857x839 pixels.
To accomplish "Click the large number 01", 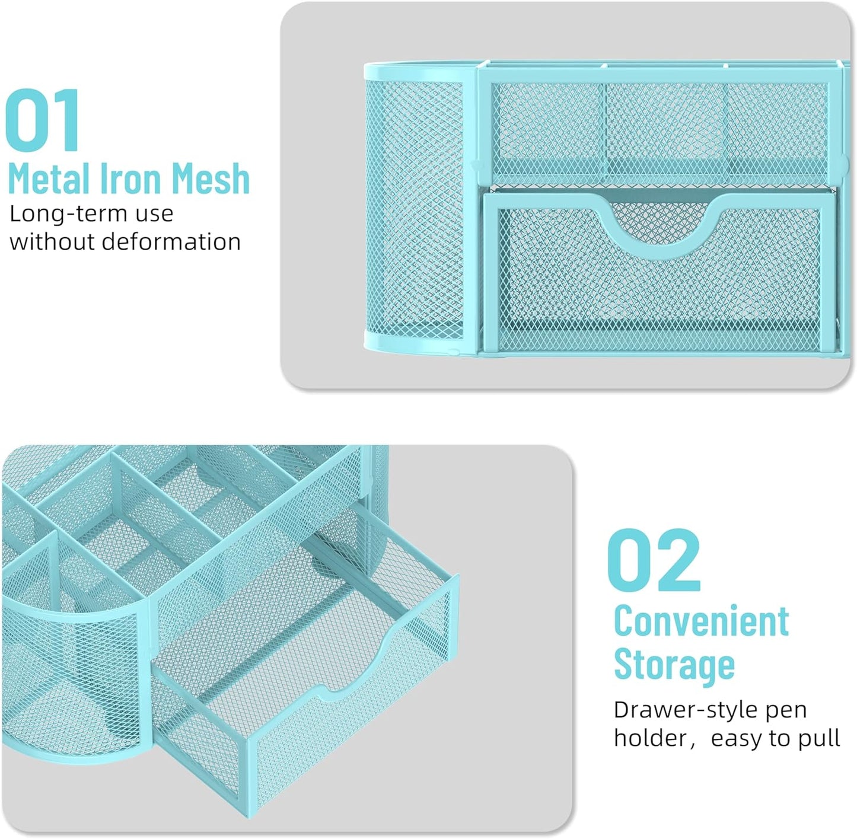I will point(43,120).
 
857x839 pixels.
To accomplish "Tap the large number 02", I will point(654,560).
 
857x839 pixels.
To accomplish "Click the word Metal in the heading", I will point(49,178).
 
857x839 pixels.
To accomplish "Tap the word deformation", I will point(171,242).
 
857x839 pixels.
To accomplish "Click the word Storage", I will point(674,665).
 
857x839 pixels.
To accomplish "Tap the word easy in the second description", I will point(738,739).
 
